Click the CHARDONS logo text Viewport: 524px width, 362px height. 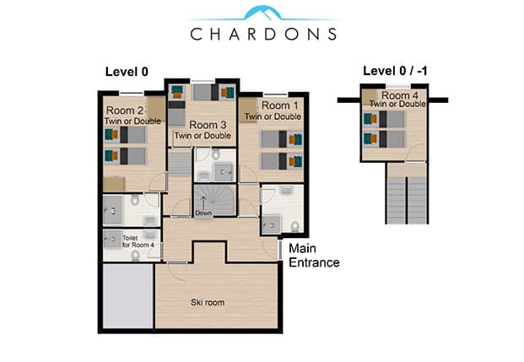263,34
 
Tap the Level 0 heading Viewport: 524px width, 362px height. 127,72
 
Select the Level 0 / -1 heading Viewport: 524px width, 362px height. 395,71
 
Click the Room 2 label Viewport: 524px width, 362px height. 125,111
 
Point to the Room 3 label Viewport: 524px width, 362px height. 208,125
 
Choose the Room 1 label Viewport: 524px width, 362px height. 279,105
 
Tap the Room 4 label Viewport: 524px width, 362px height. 400,95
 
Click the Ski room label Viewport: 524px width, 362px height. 208,302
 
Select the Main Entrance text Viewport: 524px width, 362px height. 314,256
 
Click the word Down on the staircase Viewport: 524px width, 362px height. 203,213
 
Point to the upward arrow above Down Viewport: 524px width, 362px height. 203,203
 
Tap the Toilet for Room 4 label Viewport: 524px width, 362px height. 138,241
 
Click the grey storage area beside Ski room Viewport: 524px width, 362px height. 128,296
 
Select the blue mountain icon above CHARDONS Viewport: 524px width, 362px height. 262,13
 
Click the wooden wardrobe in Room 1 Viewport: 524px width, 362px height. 247,110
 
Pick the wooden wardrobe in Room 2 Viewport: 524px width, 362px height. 156,108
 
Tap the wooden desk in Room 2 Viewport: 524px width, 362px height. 114,184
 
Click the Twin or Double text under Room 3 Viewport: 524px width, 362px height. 203,136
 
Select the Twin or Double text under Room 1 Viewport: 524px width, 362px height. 273,116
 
